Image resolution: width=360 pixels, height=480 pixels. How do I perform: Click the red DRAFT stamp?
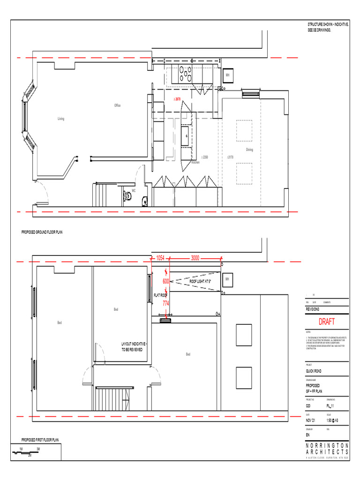click(327, 322)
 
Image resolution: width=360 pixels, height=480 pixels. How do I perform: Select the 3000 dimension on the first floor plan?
click(195, 258)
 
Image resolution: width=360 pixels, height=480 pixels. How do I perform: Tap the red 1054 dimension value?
click(160, 258)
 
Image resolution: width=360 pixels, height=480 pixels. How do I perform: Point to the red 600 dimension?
click(166, 281)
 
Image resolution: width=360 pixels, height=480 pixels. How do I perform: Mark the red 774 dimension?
click(166, 303)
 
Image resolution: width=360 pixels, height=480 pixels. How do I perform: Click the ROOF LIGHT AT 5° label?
click(200, 281)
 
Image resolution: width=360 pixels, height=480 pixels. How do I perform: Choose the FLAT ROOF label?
click(160, 295)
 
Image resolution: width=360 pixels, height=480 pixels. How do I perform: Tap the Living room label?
click(61, 119)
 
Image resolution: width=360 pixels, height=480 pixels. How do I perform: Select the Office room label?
click(117, 105)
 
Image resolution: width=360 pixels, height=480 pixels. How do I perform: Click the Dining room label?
click(249, 150)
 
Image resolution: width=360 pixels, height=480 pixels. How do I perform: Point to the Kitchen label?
click(195, 162)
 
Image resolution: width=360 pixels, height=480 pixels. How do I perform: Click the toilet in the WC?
click(127, 196)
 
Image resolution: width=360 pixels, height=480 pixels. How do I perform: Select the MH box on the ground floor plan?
click(227, 75)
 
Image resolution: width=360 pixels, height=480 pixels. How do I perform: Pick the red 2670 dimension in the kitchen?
click(177, 99)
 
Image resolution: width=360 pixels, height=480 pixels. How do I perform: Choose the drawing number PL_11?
click(330, 405)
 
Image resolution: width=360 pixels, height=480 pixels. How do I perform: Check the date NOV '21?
click(311, 420)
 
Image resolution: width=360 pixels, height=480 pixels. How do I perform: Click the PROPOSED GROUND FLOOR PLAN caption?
click(42, 232)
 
